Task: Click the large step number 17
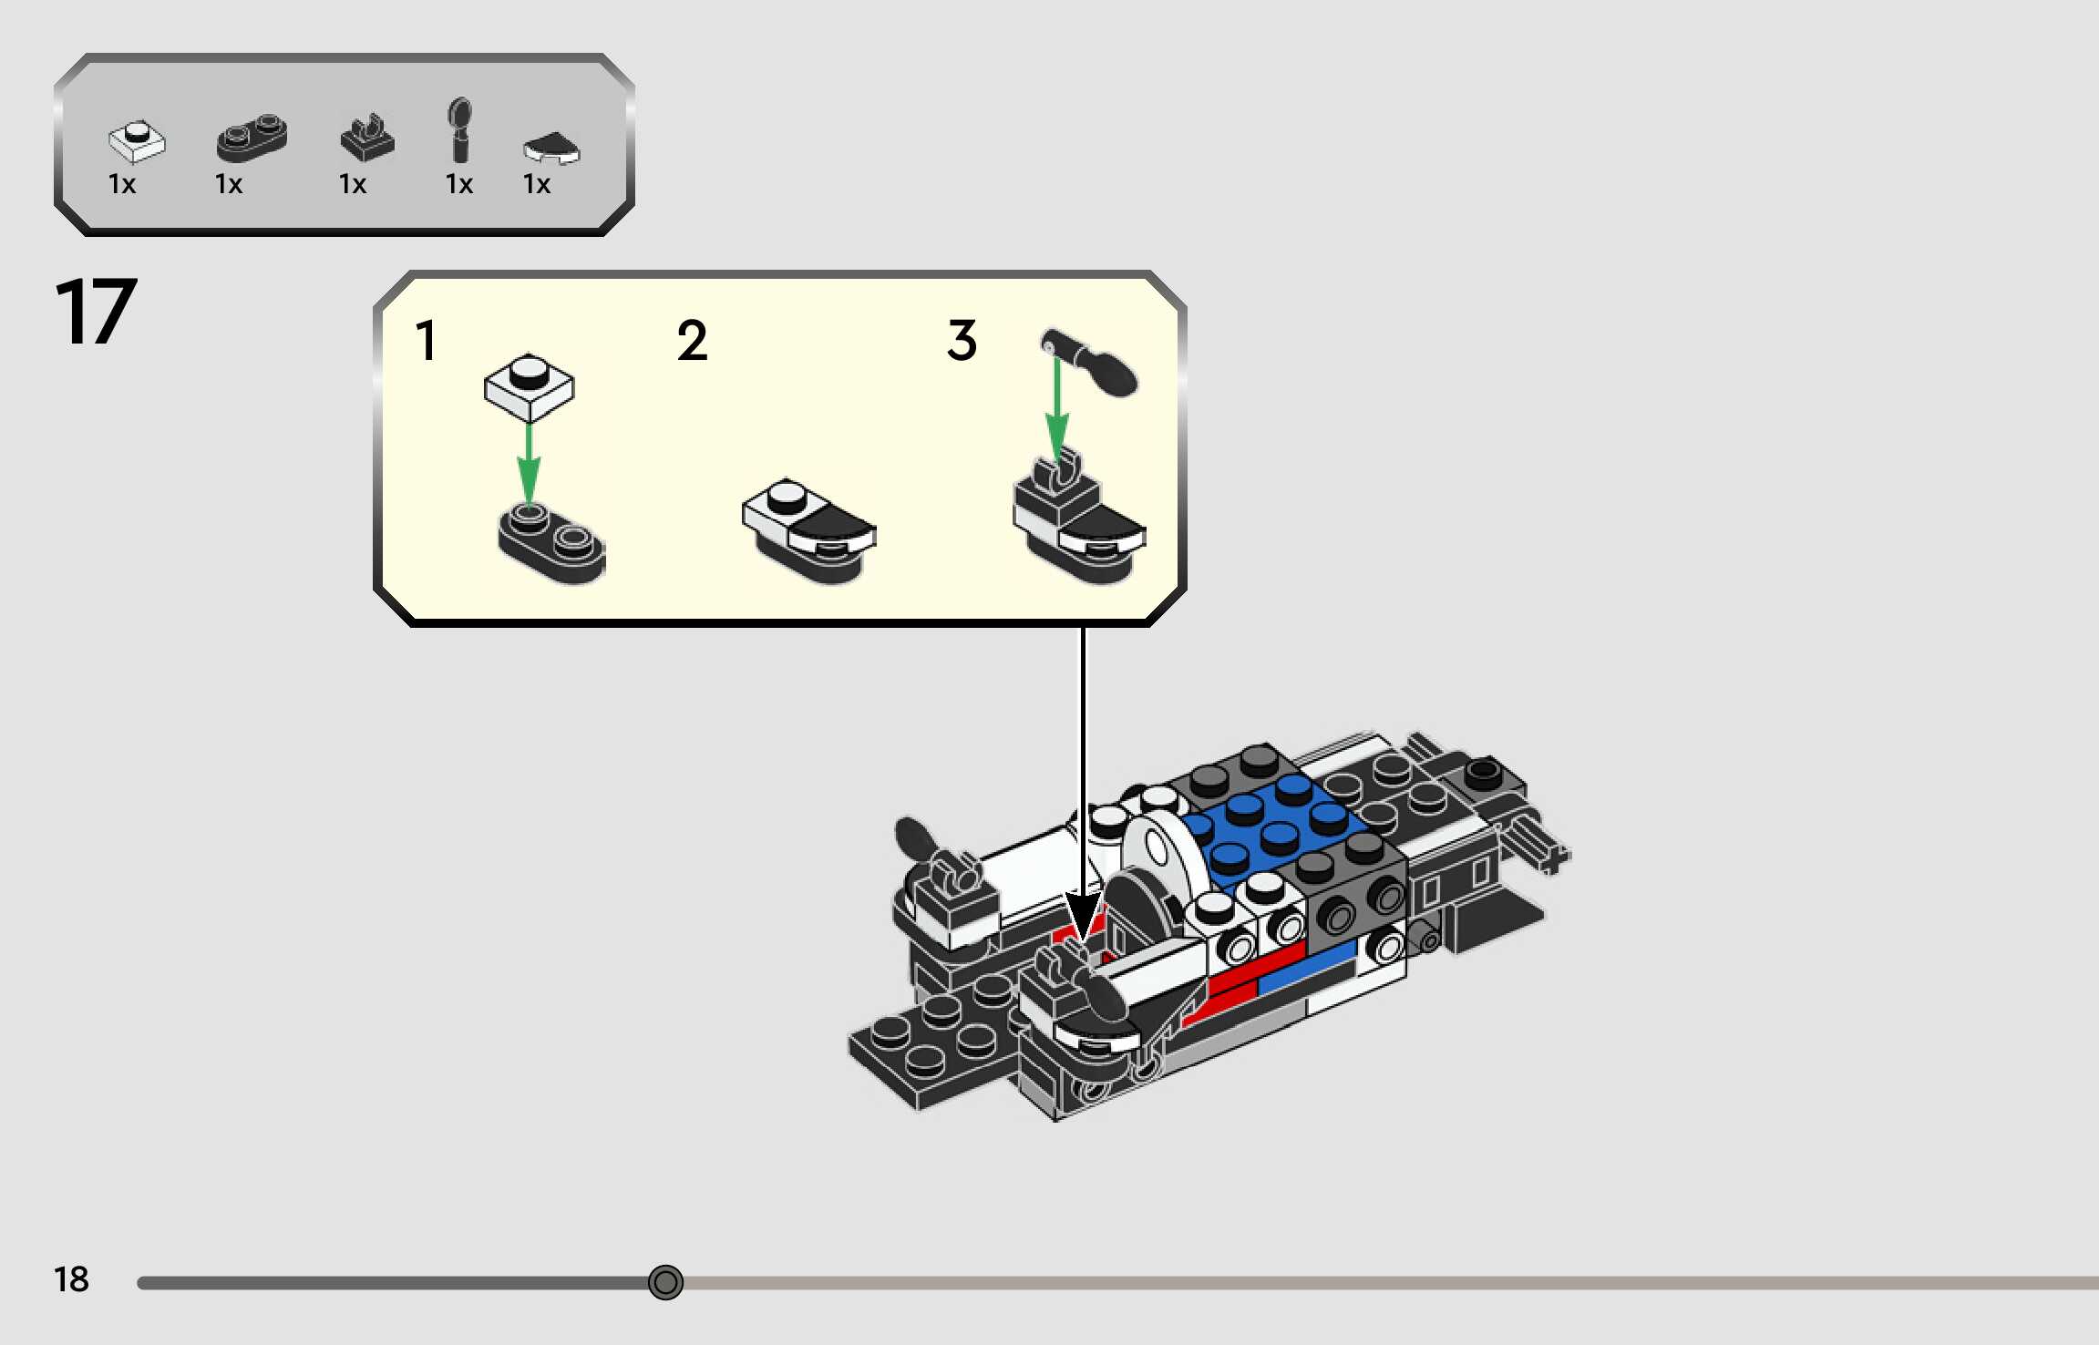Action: [x=96, y=312]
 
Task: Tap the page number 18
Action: [x=71, y=1279]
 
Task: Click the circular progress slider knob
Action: [x=665, y=1282]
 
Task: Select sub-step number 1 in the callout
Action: [x=426, y=341]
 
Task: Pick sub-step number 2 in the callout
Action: [x=692, y=341]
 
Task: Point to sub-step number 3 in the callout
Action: [x=962, y=341]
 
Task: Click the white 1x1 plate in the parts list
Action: [x=137, y=140]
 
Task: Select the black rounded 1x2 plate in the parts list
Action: [x=252, y=138]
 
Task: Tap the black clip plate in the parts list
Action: [x=366, y=139]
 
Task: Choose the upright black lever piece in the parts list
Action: [x=460, y=129]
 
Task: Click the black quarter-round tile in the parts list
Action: [x=551, y=148]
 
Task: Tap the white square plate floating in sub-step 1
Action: [x=529, y=386]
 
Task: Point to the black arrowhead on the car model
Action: [x=1083, y=916]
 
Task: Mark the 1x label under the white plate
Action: [x=122, y=185]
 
